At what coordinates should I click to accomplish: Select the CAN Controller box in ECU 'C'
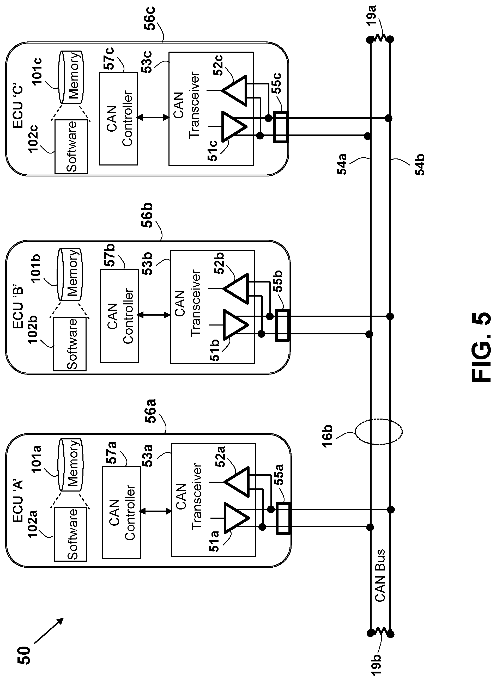pos(118,118)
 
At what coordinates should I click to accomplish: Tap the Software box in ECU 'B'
pos(70,344)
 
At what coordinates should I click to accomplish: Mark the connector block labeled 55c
pos(281,127)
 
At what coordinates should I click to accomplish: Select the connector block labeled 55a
pos(283,519)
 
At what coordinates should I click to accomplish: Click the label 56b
pos(147,215)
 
